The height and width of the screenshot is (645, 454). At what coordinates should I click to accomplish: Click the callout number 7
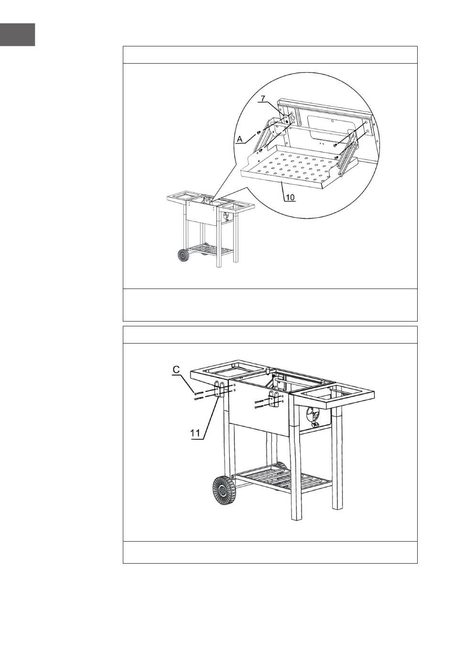[263, 98]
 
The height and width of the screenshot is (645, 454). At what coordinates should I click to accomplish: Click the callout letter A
[240, 140]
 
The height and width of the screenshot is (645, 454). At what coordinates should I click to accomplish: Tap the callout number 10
[290, 197]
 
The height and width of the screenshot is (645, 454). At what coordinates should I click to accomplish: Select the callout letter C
[176, 370]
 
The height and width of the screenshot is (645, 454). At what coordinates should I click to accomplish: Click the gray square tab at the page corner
[18, 34]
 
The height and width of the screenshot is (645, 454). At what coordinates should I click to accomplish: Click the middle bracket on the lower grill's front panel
[273, 399]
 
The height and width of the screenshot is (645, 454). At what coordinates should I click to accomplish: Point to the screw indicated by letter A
[259, 132]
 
